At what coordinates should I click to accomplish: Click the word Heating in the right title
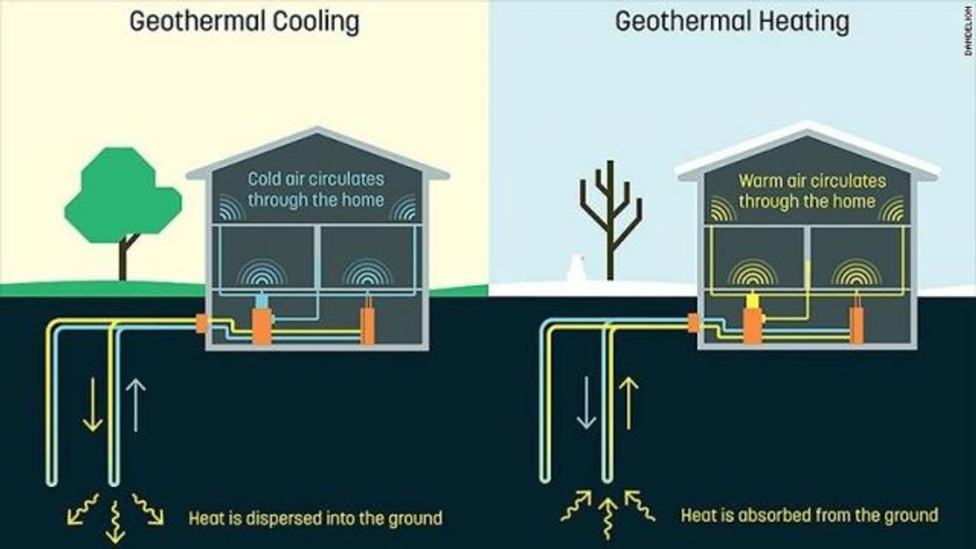click(x=804, y=22)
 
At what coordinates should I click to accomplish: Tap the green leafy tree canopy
click(x=123, y=194)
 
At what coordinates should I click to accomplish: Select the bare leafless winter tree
click(x=611, y=220)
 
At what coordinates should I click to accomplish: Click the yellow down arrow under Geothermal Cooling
click(x=93, y=405)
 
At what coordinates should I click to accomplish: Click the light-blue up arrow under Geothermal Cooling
click(x=136, y=405)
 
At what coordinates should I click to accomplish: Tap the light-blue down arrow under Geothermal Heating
click(x=586, y=403)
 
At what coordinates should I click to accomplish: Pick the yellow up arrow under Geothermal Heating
click(x=629, y=403)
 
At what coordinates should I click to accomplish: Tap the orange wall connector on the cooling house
click(x=201, y=324)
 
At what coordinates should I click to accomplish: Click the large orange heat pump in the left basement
click(x=262, y=326)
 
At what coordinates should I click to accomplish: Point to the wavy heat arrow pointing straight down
click(x=115, y=521)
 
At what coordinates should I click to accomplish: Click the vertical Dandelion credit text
click(x=969, y=33)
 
